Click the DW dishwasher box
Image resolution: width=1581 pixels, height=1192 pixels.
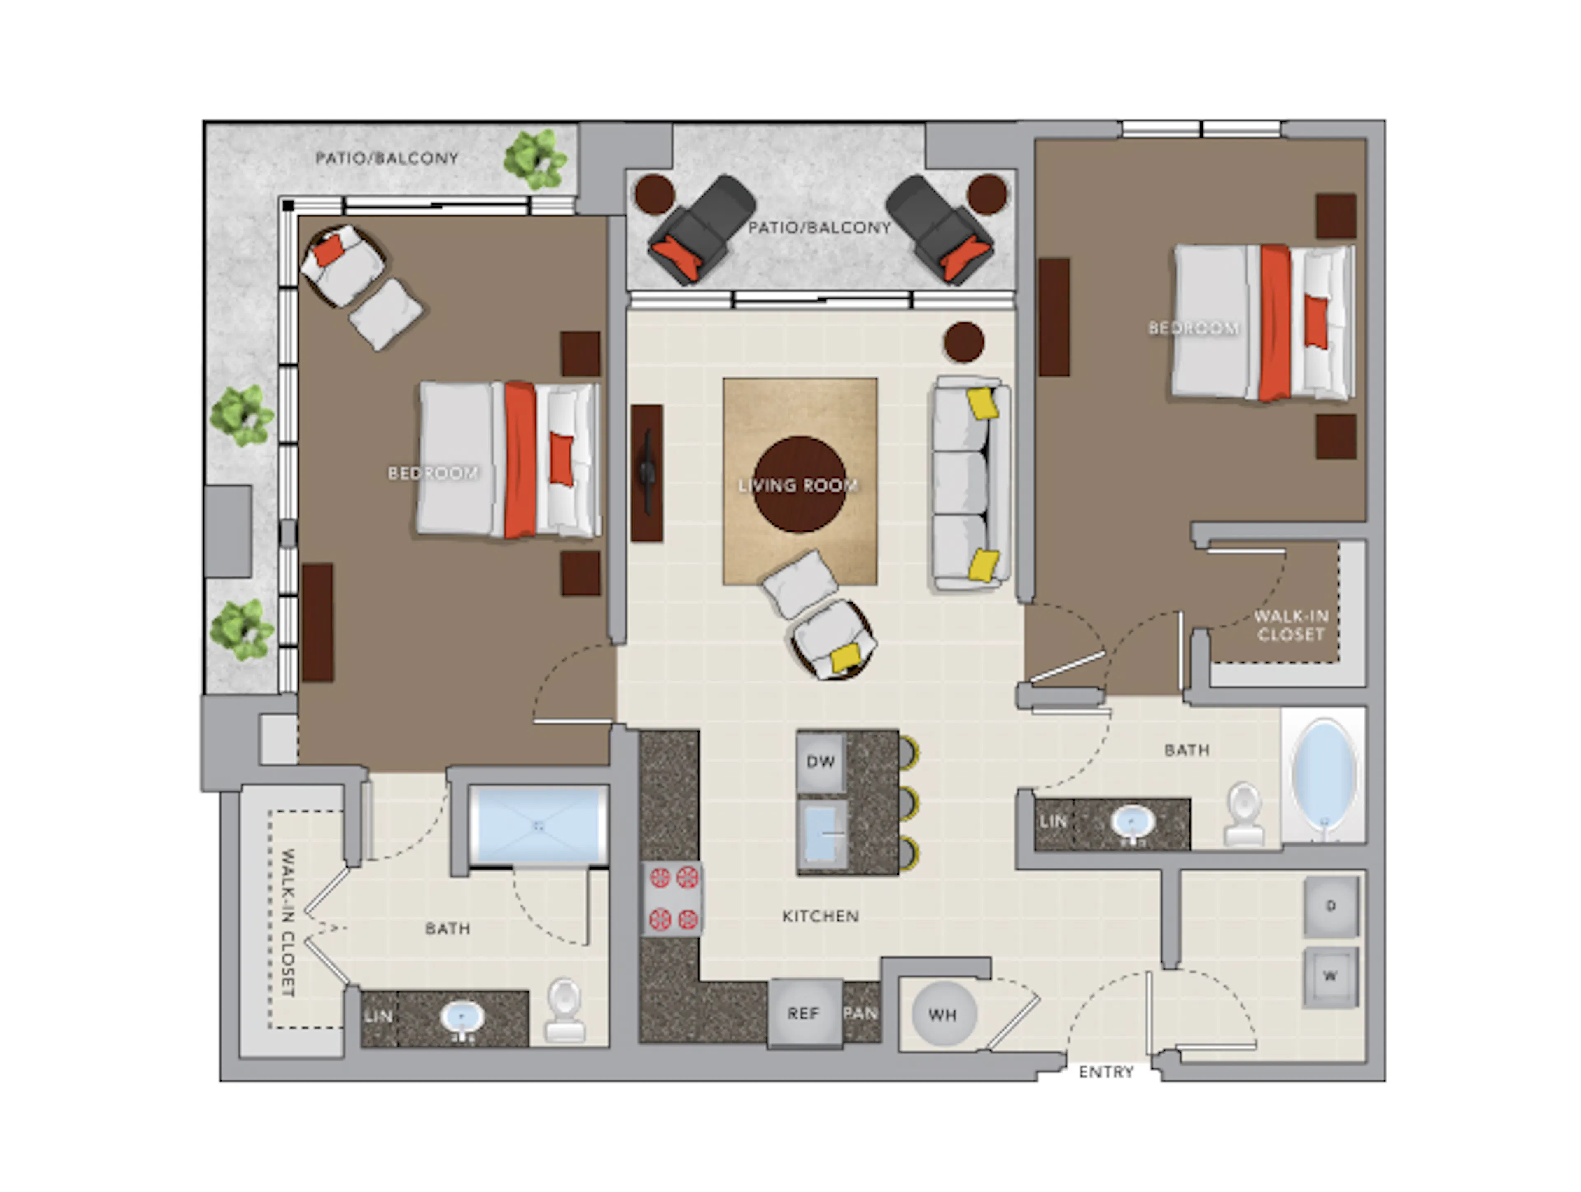click(821, 762)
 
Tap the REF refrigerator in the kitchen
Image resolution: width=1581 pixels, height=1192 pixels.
click(803, 1013)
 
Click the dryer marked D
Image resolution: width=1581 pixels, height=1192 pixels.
click(1330, 906)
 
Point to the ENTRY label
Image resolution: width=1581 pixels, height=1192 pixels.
click(1106, 1072)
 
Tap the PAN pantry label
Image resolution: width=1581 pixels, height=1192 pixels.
click(860, 1013)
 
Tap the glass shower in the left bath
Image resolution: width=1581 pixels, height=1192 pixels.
click(538, 826)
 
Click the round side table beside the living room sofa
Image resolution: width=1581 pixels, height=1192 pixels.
click(963, 342)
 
